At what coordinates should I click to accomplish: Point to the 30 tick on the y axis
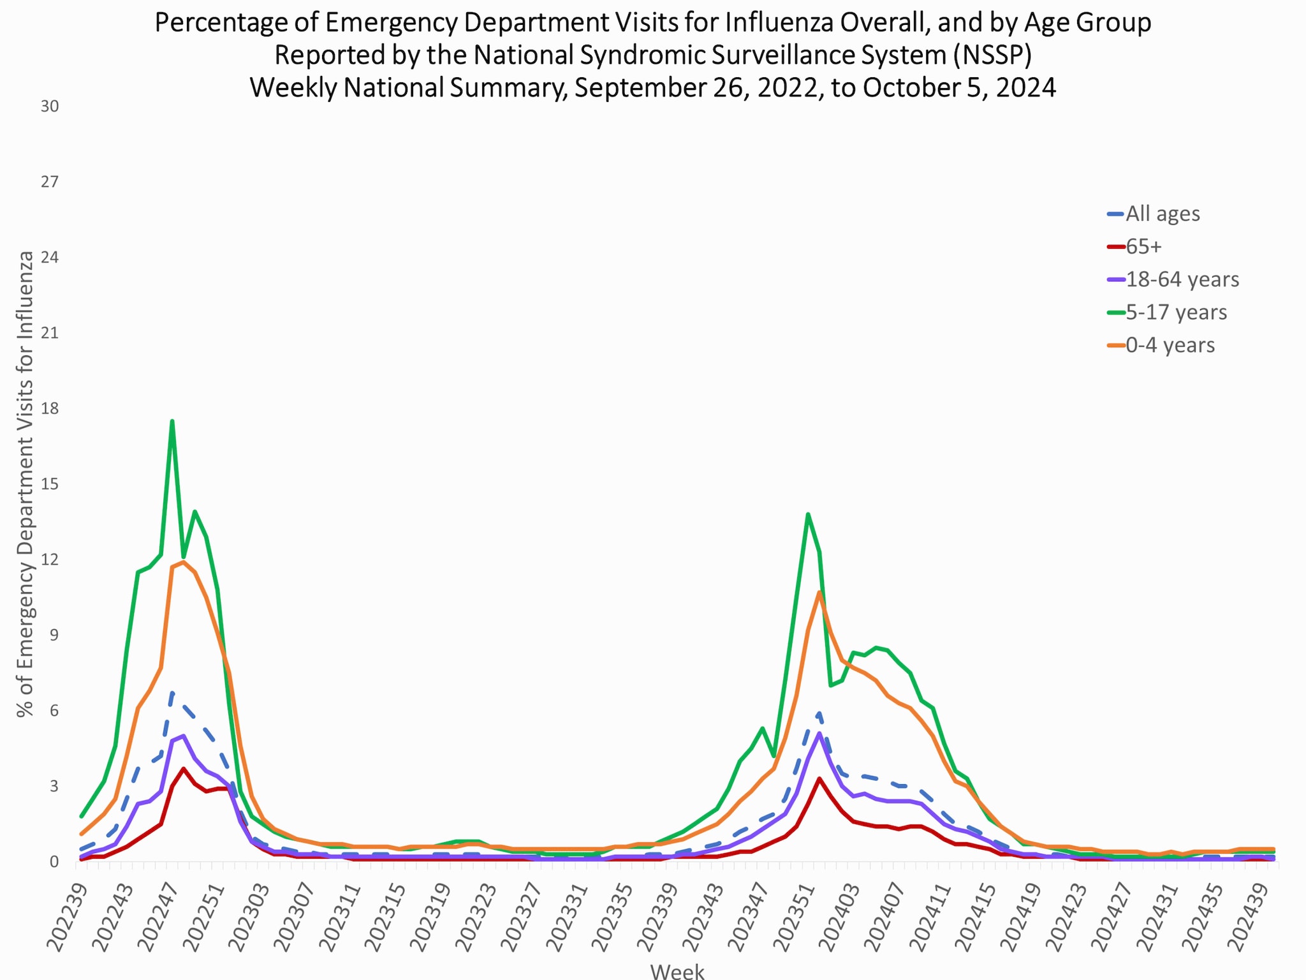[x=50, y=107]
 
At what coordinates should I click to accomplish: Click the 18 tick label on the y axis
[x=50, y=408]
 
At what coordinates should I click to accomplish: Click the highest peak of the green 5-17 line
[x=172, y=421]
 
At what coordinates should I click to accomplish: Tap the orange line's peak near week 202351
[x=819, y=592]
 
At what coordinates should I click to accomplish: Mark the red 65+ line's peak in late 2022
[x=184, y=768]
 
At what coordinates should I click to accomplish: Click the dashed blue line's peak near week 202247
[x=172, y=692]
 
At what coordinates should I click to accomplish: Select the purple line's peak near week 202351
[x=819, y=733]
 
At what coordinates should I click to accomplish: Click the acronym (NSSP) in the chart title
[x=992, y=55]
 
